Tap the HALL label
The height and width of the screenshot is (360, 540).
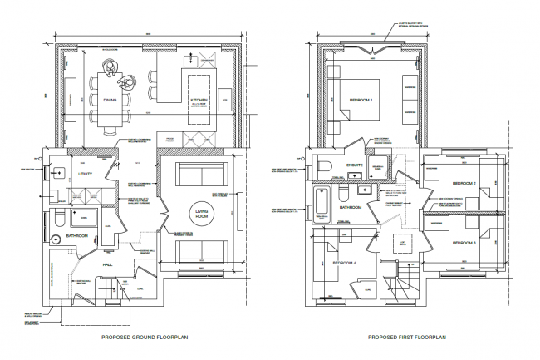[x=107, y=264]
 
